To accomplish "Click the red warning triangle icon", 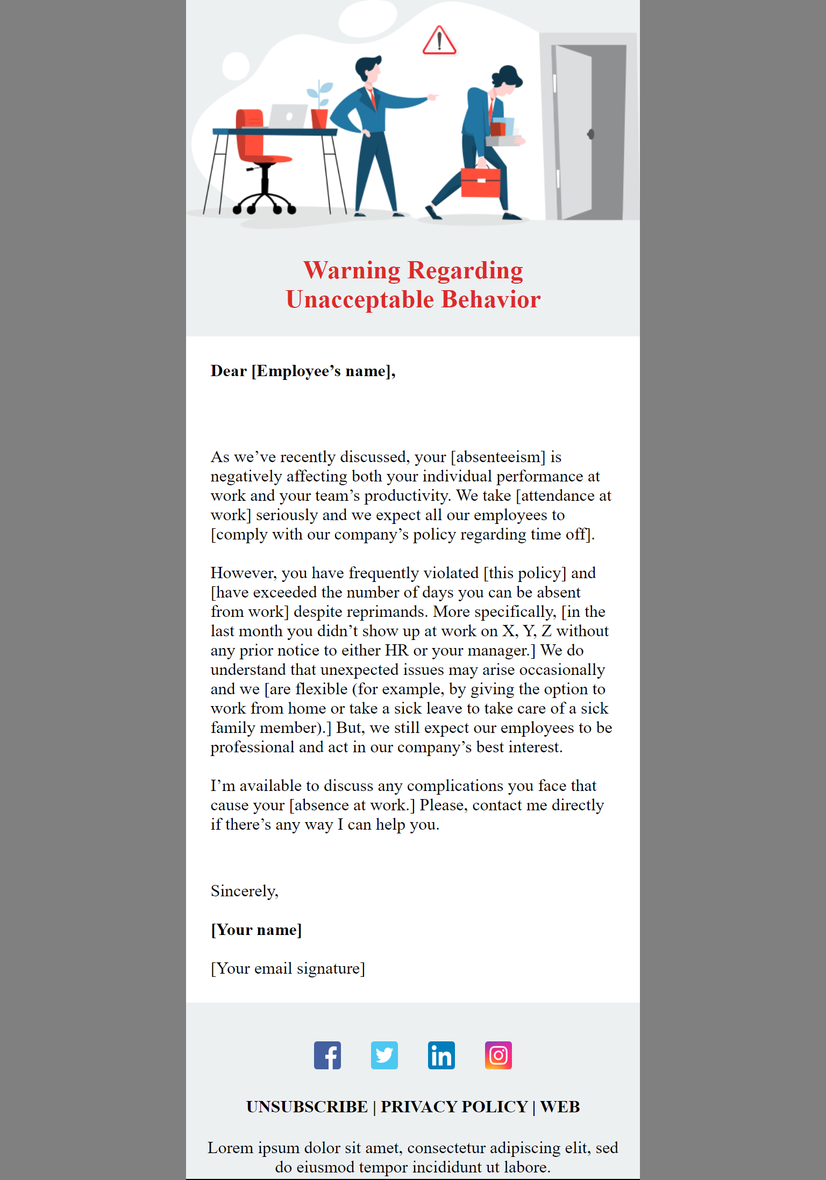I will click(x=439, y=41).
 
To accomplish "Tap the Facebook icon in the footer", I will click(x=327, y=1055).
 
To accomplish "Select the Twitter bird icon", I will click(x=384, y=1055).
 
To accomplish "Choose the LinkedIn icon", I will click(x=442, y=1055).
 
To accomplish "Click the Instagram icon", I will click(x=499, y=1055).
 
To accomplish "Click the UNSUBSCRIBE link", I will click(x=307, y=1107).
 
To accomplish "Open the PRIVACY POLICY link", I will click(x=454, y=1107).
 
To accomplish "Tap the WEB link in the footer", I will click(x=560, y=1107).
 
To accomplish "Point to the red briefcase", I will click(x=481, y=183).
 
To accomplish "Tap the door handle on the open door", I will click(x=590, y=134).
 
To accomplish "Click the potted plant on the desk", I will click(x=320, y=107).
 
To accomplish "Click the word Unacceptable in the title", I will click(x=360, y=300).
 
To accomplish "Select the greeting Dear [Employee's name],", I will click(x=303, y=371).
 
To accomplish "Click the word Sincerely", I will click(x=244, y=891).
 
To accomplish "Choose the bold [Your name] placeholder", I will click(x=256, y=930).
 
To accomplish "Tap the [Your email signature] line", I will click(x=288, y=969).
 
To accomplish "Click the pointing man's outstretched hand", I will click(x=432, y=97).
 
